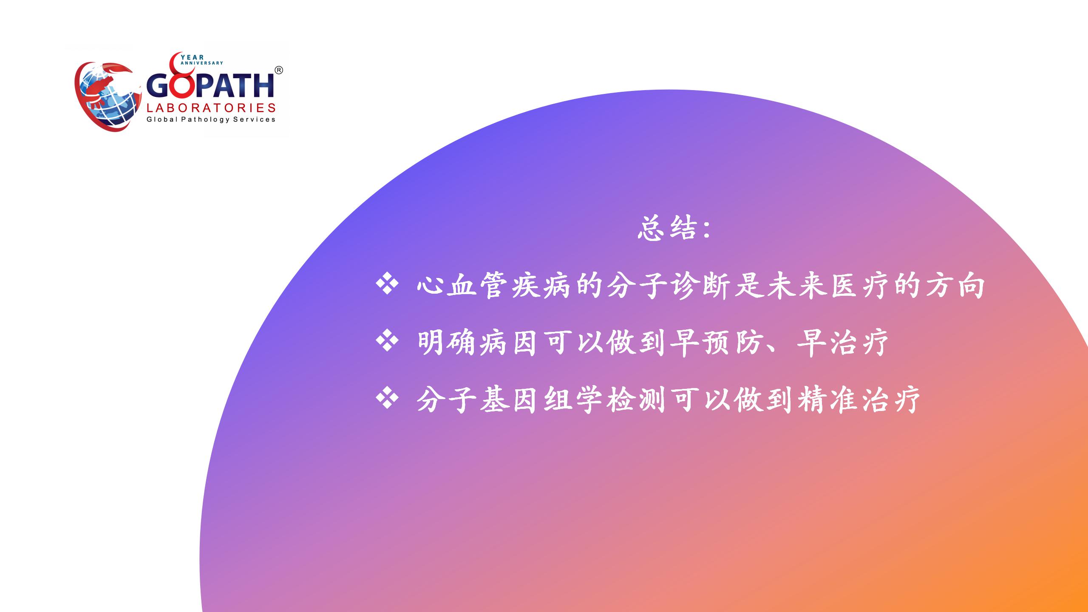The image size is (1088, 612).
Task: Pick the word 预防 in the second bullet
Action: [734, 343]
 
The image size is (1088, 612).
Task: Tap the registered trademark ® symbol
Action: [278, 71]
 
